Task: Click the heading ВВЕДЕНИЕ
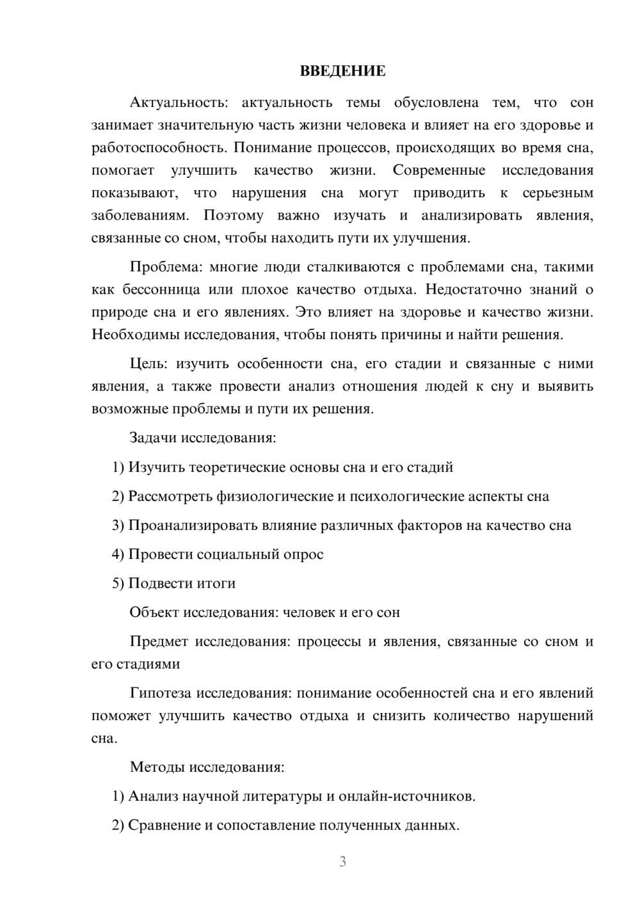(x=342, y=71)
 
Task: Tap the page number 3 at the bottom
(x=342, y=861)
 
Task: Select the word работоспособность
(x=158, y=148)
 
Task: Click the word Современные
(x=439, y=170)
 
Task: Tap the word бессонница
(x=161, y=289)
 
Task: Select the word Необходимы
(x=136, y=334)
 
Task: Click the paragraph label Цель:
(x=148, y=364)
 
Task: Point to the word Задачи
(x=153, y=438)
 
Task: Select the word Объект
(x=154, y=612)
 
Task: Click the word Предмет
(x=159, y=641)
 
